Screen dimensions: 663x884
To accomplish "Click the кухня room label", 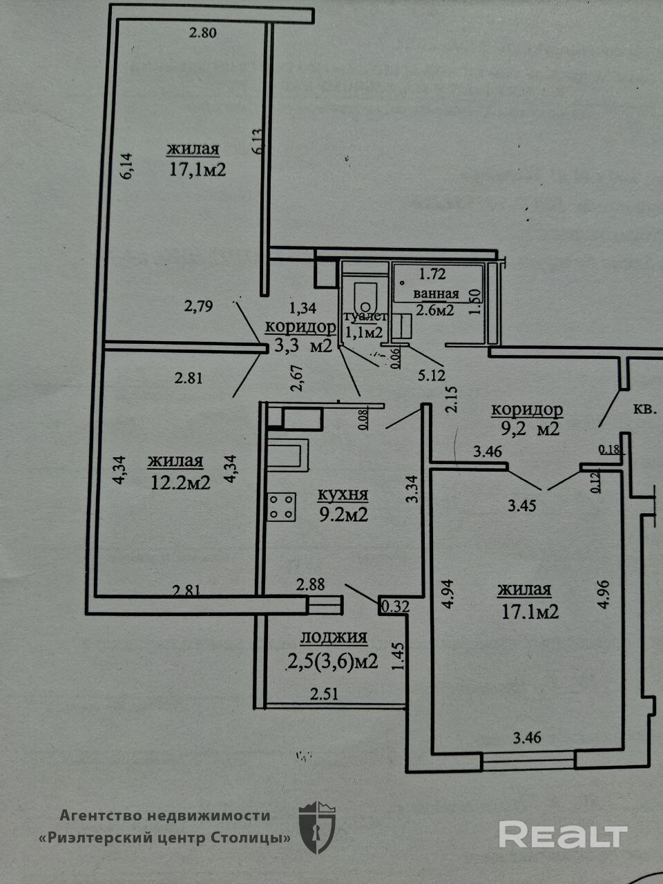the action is (343, 495).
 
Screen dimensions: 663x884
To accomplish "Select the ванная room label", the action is (436, 293).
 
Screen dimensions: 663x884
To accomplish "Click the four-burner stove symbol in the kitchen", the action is (282, 506).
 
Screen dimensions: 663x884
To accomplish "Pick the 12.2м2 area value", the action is (180, 482).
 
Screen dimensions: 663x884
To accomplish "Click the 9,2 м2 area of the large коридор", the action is (530, 429).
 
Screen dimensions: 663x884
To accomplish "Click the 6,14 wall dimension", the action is (126, 166).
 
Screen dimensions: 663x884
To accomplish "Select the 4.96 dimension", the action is (604, 592).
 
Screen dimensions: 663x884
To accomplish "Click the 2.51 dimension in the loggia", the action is (323, 694).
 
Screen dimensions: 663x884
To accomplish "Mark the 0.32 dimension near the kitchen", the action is (395, 606).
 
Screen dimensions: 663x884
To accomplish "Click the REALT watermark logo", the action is (563, 835).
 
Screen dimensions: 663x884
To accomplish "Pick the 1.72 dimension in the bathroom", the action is (432, 273).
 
